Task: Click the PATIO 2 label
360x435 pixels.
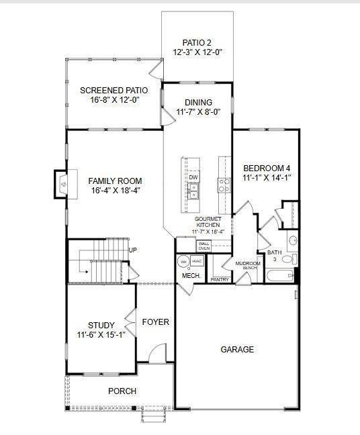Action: (x=197, y=41)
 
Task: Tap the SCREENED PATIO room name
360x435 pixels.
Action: (x=114, y=91)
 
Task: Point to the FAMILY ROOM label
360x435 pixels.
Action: (x=115, y=181)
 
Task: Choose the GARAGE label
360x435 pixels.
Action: (x=238, y=349)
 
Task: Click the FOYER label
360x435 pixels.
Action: (x=155, y=322)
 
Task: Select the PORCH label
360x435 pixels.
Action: (x=122, y=391)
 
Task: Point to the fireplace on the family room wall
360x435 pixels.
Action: (x=61, y=181)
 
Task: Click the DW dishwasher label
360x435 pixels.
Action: (x=193, y=178)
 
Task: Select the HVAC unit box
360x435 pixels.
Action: (x=197, y=261)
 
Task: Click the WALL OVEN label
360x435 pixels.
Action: (x=204, y=246)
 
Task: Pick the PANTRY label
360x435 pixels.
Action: (x=220, y=279)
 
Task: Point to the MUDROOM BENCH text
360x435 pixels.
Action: (x=252, y=265)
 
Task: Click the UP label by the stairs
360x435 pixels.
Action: (x=132, y=250)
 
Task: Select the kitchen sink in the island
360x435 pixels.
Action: (x=193, y=191)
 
